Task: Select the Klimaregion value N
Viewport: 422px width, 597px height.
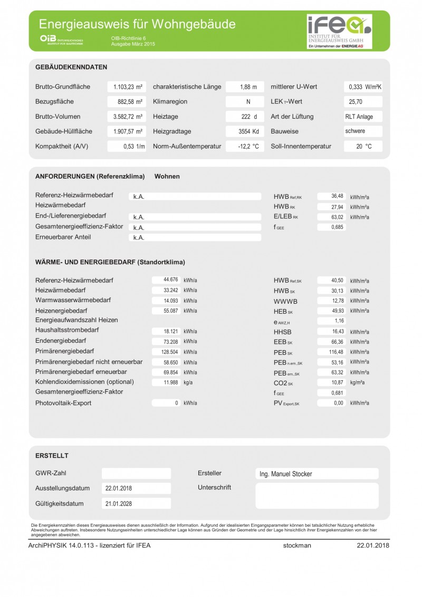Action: [248, 102]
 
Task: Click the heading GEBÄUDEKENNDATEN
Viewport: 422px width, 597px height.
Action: [71, 68]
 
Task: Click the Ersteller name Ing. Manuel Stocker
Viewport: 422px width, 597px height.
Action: [286, 474]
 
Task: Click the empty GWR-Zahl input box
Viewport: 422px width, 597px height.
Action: [136, 474]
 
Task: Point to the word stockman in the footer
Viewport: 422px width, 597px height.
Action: [297, 546]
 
